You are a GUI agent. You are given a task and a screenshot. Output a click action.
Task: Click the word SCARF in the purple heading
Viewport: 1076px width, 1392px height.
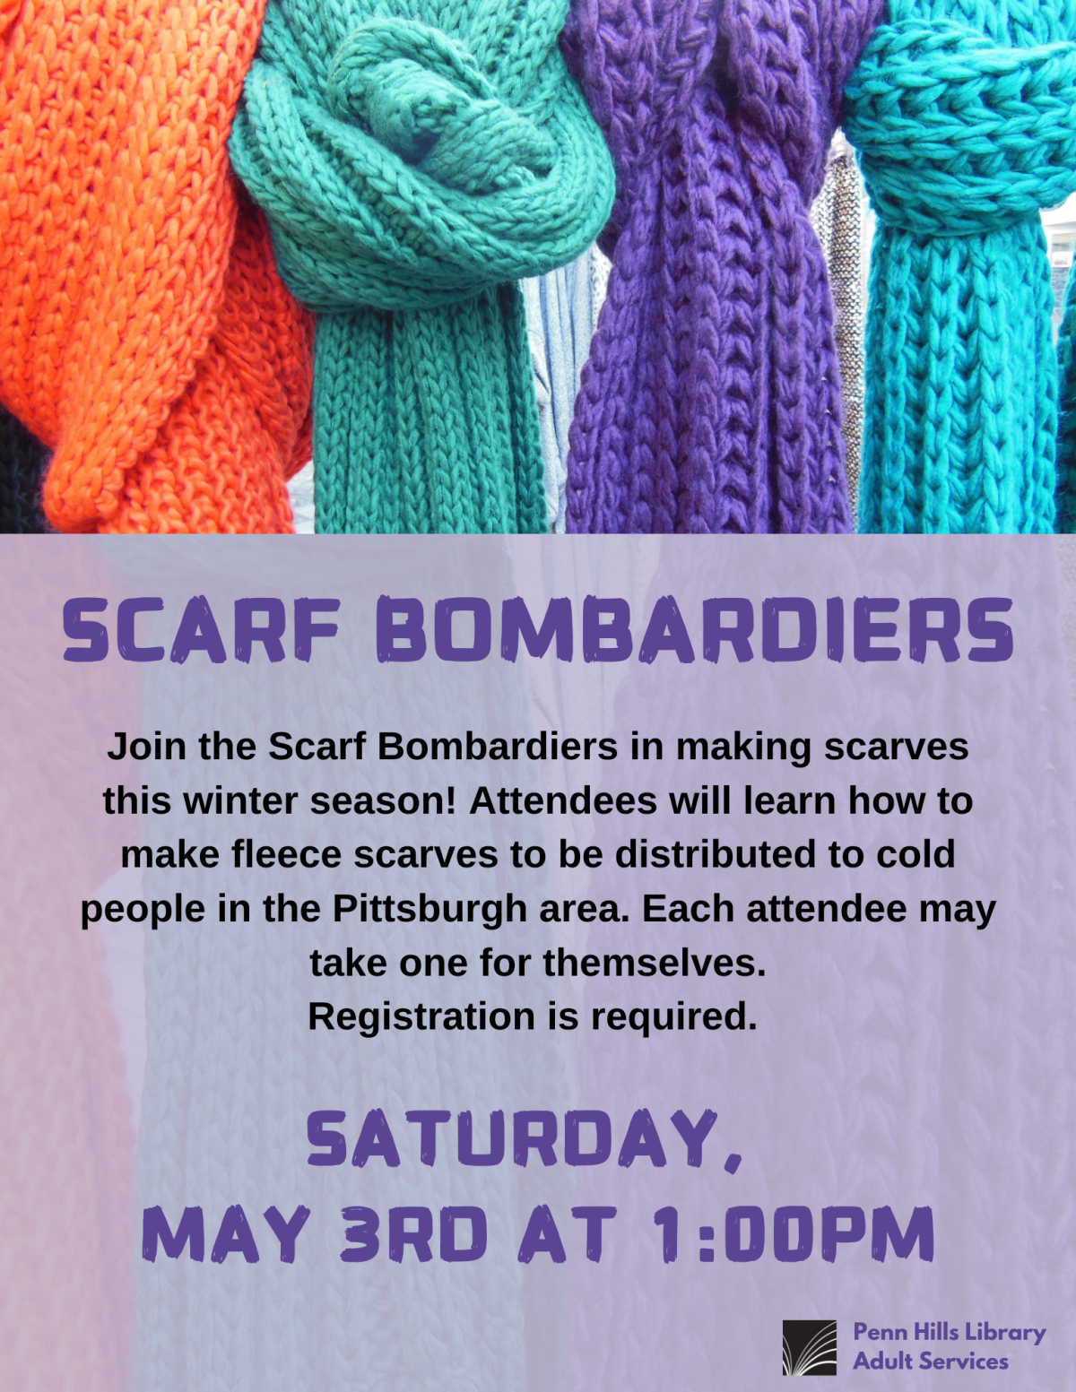202,630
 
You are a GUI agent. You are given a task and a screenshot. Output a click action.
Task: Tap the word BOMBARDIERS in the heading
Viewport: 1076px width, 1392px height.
695,630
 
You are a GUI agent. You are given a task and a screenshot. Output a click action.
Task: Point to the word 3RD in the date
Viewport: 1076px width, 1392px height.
413,1234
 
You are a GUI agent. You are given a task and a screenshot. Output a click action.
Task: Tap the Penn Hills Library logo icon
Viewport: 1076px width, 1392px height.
809,1347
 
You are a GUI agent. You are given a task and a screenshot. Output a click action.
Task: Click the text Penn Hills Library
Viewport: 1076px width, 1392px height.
949,1333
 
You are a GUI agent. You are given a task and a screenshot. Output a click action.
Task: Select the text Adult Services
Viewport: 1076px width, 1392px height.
930,1362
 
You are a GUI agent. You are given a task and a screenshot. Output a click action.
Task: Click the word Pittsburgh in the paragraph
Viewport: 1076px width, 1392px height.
430,909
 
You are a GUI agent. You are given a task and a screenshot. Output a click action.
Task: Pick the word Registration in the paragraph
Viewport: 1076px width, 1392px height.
421,1016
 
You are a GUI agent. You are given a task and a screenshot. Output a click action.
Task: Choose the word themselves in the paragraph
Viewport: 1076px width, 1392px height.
654,963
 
